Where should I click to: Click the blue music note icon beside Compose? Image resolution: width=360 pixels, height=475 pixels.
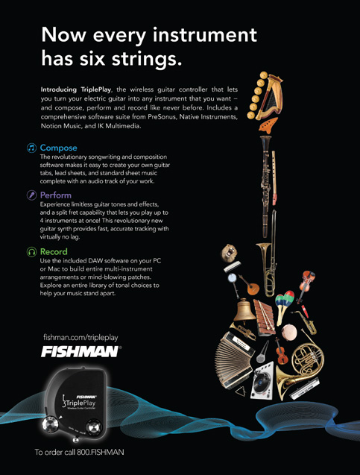[x=31, y=148]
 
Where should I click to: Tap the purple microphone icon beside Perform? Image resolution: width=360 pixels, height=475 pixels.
[x=31, y=195]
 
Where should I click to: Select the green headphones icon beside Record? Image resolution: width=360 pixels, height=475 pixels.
[x=31, y=252]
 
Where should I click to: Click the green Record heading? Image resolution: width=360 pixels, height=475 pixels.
[x=54, y=252]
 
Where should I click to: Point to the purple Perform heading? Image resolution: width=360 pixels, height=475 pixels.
[x=56, y=195]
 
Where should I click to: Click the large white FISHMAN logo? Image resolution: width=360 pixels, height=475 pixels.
[x=80, y=352]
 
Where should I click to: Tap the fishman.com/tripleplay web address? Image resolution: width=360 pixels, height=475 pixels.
[x=80, y=337]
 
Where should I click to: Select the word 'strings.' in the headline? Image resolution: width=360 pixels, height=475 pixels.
[x=147, y=58]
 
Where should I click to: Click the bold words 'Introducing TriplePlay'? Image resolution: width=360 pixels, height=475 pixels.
[x=76, y=89]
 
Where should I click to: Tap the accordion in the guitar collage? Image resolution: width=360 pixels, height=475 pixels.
[x=233, y=359]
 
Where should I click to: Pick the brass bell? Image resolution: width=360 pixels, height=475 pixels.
[x=244, y=309]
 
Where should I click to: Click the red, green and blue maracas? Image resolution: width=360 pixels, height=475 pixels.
[x=284, y=303]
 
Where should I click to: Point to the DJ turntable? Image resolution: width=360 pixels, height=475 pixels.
[x=262, y=380]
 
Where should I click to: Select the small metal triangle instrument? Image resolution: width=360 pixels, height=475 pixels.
[x=241, y=391]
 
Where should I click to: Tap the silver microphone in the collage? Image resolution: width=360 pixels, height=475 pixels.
[x=262, y=352]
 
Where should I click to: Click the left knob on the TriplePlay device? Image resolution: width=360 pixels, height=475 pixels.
[x=50, y=424]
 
